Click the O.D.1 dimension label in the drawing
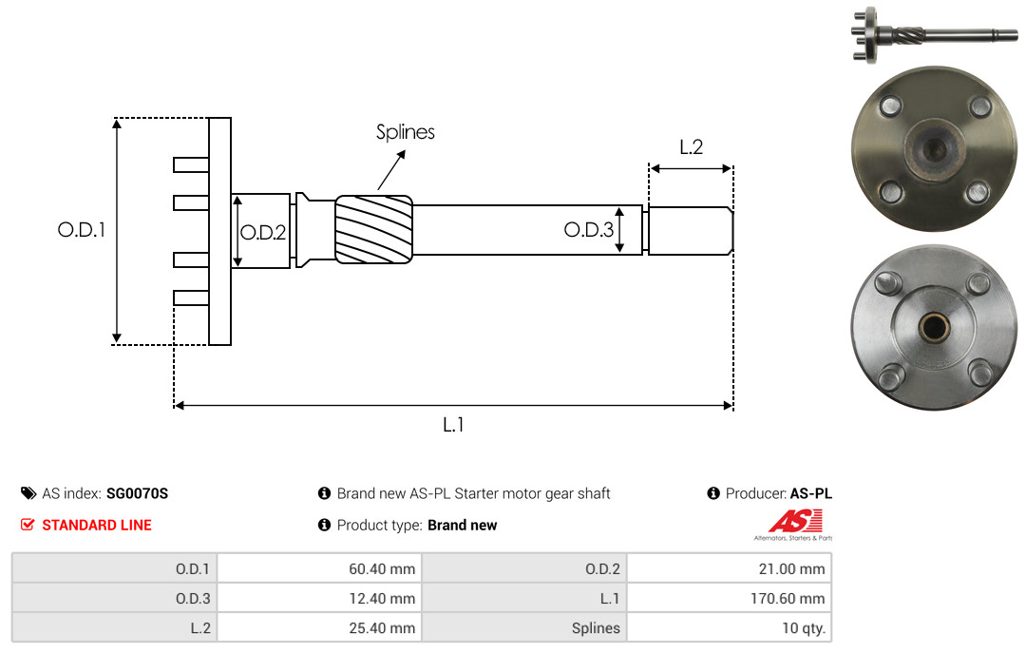(x=81, y=230)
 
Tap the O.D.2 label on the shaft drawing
(x=263, y=233)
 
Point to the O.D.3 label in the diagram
(x=589, y=229)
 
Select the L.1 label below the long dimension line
(x=453, y=425)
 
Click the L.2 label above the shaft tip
(x=691, y=146)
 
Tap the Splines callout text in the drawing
(x=405, y=132)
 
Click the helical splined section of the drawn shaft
(x=373, y=229)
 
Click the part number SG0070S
(x=137, y=493)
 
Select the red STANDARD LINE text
(x=97, y=525)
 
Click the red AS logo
(x=795, y=521)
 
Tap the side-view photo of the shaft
(x=935, y=34)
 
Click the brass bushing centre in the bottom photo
(x=934, y=325)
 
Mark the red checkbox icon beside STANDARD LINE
(x=28, y=525)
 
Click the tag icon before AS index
(x=28, y=493)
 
